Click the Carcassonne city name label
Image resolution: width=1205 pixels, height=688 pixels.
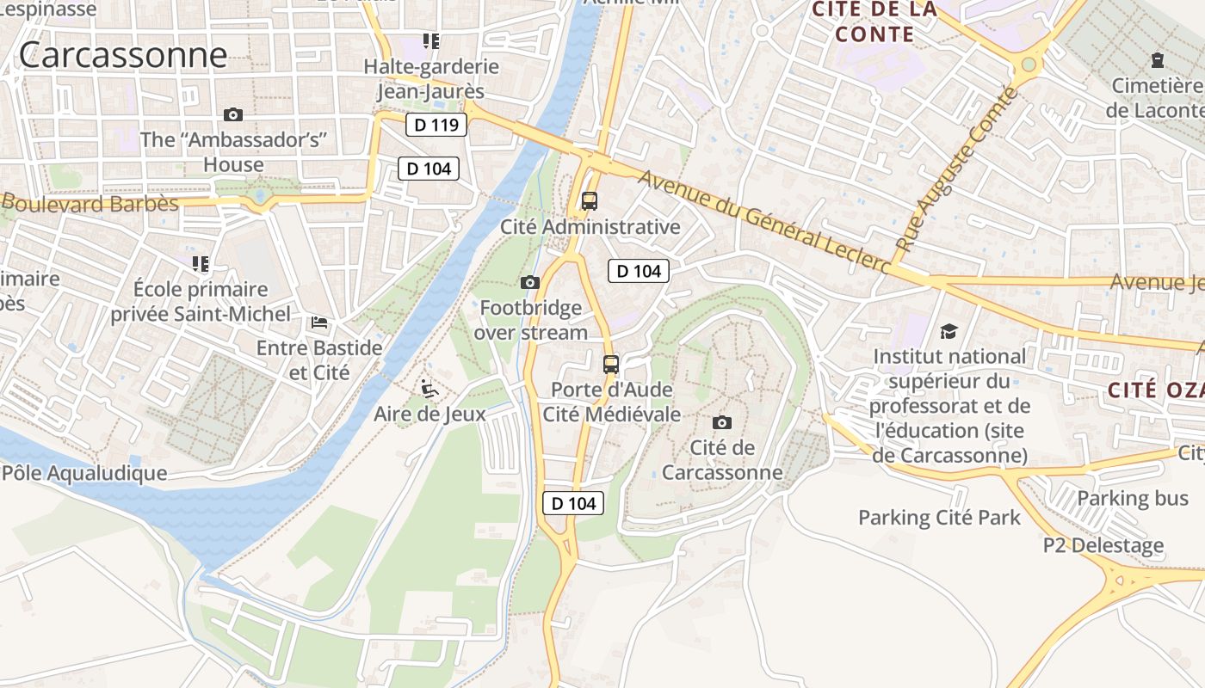(x=123, y=55)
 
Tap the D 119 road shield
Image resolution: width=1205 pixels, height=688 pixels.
(x=436, y=126)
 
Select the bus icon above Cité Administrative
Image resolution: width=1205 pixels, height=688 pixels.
(x=590, y=201)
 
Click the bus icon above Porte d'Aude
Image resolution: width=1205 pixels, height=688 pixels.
(x=611, y=365)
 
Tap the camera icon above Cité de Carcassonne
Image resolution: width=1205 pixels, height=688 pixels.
(x=722, y=422)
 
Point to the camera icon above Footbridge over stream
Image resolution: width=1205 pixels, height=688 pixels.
(x=530, y=282)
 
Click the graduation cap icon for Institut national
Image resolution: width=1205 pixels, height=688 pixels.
(x=949, y=331)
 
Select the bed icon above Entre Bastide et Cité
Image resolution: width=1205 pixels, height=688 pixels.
(x=319, y=323)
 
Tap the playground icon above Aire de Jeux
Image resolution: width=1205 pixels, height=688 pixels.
(x=429, y=389)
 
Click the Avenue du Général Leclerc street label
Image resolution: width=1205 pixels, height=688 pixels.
(x=763, y=222)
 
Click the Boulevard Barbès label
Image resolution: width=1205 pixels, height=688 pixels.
(x=90, y=204)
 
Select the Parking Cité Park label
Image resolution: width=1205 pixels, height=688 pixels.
(x=939, y=518)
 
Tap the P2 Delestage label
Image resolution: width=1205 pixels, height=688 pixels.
(x=1103, y=545)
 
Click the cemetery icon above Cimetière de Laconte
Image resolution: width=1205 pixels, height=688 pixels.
(x=1158, y=60)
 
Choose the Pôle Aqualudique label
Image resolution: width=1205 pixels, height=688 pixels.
(x=84, y=473)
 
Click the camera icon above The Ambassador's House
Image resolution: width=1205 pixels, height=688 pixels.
(x=232, y=114)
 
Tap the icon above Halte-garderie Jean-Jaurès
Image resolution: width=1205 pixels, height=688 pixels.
(x=431, y=40)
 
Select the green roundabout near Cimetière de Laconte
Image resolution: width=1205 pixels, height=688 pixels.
(x=1028, y=65)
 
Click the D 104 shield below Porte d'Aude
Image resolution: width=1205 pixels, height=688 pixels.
(x=572, y=504)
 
